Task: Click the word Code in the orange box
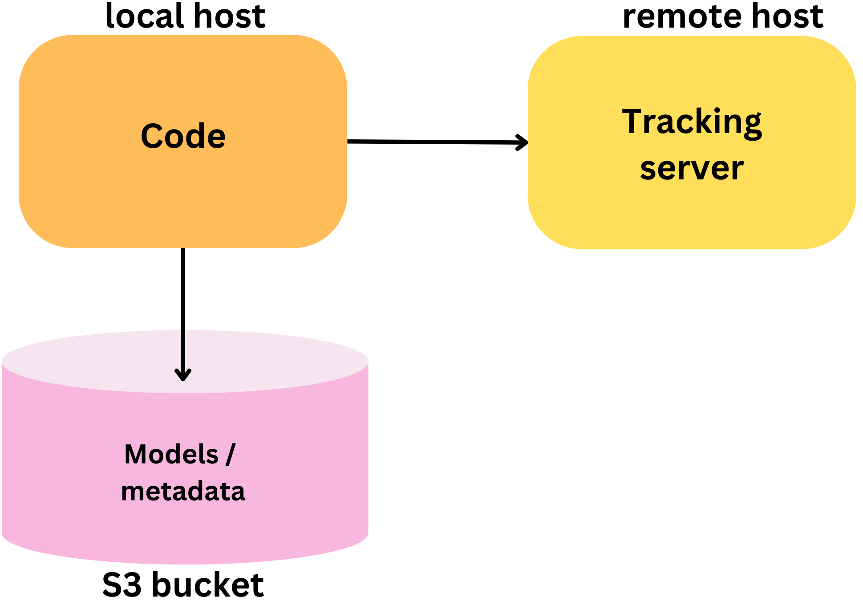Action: [183, 136]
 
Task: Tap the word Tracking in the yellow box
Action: [692, 122]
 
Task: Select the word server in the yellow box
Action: [692, 169]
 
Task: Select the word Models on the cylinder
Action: [171, 455]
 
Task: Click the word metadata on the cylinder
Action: [183, 491]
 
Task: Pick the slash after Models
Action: [231, 455]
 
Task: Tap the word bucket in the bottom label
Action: [208, 585]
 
